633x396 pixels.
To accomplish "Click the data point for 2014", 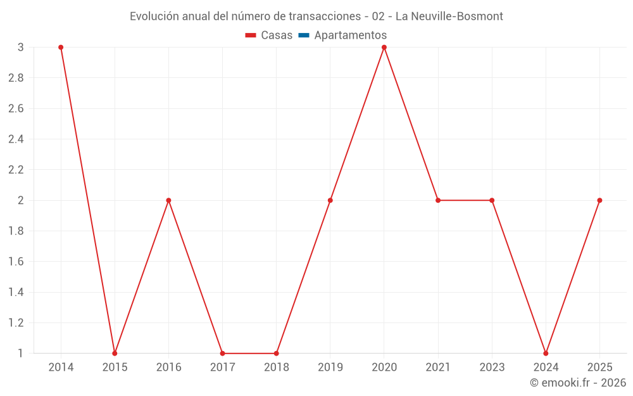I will pos(61,48).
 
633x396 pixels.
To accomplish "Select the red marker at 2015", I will pos(115,353).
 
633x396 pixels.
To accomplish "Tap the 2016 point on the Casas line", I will pos(168,200).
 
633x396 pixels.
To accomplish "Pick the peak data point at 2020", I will pos(384,48).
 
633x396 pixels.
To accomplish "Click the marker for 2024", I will pos(546,353).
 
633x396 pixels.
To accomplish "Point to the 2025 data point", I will pos(599,200).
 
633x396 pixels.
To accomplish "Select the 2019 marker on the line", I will pos(330,200).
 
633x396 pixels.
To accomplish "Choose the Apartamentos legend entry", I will pos(350,35).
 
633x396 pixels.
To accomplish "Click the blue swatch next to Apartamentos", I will pos(303,35).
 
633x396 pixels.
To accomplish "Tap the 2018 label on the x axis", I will pos(277,367).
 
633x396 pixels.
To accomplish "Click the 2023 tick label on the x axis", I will pos(492,367).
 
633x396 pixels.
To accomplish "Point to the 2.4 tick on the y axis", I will pos(16,139).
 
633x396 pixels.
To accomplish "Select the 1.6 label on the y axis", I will pos(16,262).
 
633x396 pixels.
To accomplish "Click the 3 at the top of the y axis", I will pos(20,48).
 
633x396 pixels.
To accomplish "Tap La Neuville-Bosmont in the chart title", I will pos(449,16).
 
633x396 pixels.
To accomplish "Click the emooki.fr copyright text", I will pos(578,383).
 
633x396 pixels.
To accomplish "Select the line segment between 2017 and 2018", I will pos(249,353).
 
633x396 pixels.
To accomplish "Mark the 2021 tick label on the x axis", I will pos(438,367).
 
